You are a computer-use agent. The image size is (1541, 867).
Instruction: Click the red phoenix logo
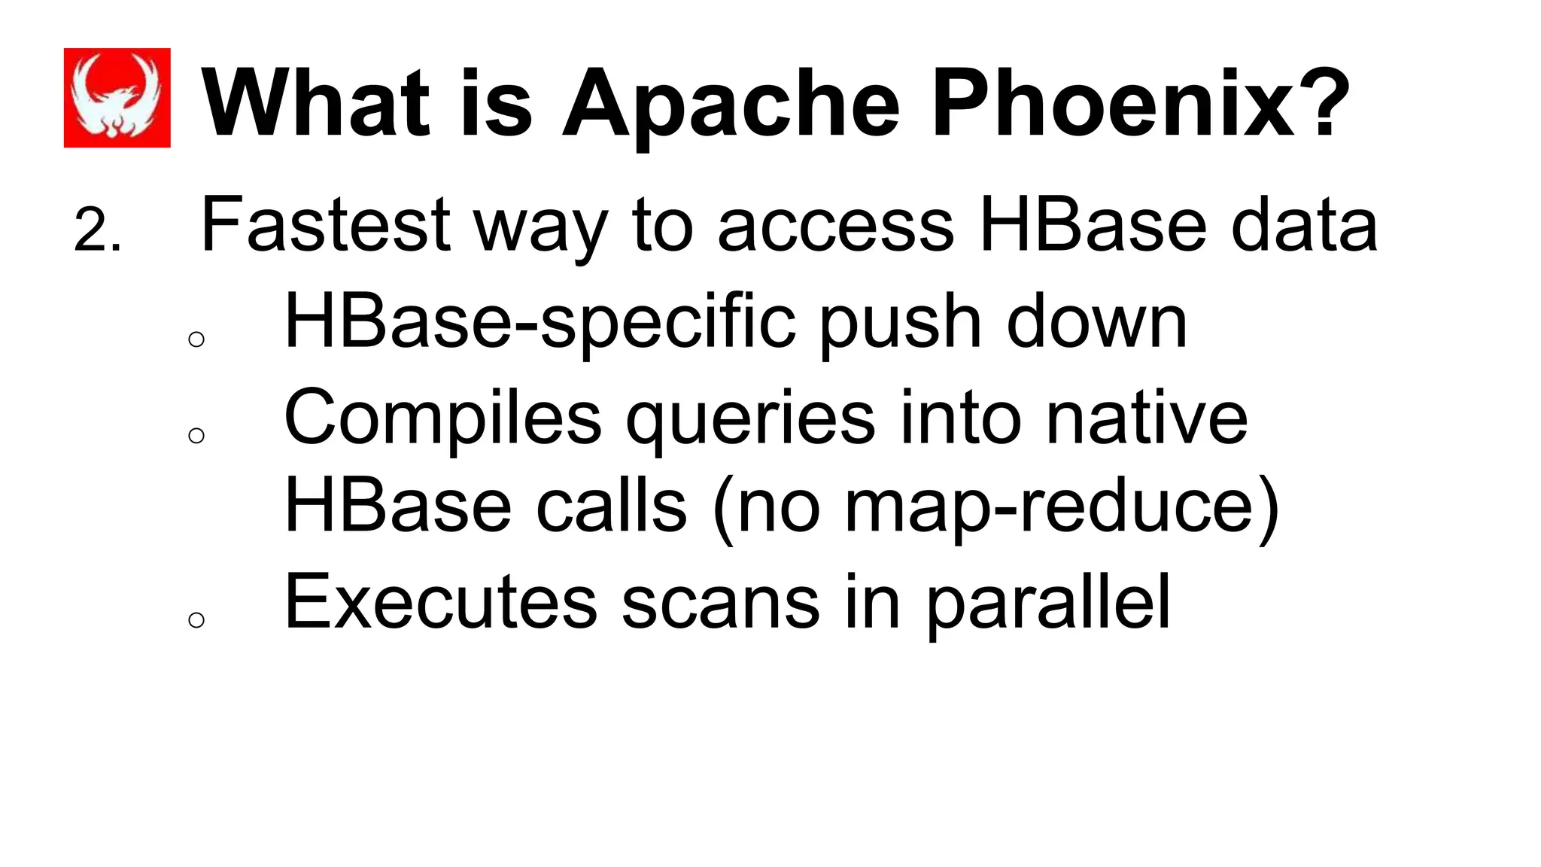coord(117,98)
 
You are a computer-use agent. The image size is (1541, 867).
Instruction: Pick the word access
coord(835,226)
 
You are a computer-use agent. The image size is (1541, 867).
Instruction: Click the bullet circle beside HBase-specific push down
coord(196,339)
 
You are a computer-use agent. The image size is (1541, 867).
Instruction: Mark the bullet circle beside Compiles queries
coord(196,436)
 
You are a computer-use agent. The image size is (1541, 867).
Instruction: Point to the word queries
coord(750,420)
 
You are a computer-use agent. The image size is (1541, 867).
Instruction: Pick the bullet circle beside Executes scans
coord(196,620)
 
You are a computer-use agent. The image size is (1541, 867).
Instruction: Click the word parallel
coord(1047,604)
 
